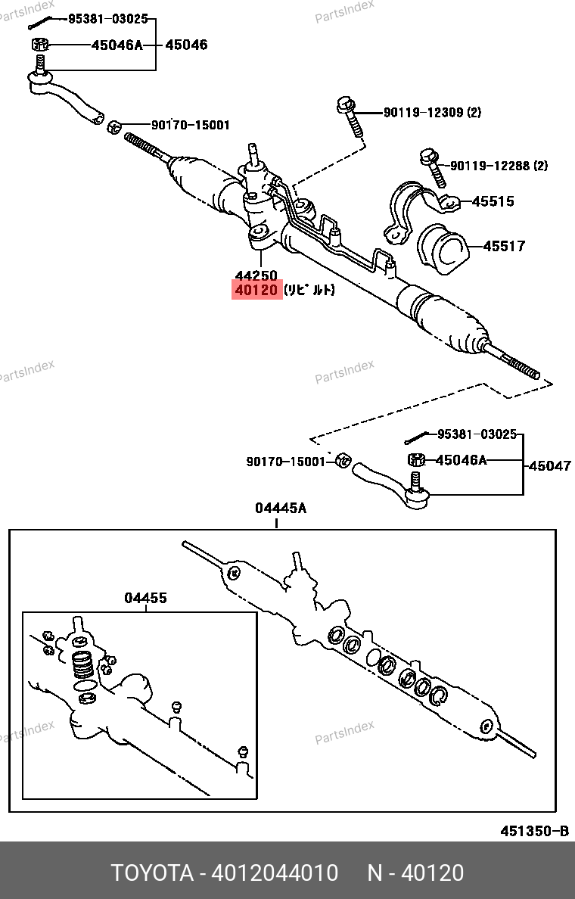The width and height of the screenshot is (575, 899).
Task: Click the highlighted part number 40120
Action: (256, 290)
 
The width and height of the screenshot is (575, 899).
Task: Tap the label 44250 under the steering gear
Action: (256, 275)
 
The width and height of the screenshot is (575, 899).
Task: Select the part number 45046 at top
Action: (186, 45)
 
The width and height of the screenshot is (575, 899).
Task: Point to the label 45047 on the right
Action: (549, 466)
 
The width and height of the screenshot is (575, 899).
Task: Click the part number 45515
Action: (493, 201)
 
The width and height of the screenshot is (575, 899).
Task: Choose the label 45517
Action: (504, 246)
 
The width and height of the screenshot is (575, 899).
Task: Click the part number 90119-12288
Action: (490, 165)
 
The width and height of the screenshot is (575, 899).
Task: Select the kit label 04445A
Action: (280, 509)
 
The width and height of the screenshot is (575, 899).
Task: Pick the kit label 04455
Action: (145, 599)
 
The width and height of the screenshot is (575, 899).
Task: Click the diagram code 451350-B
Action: (533, 831)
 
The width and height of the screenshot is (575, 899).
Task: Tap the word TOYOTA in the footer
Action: (152, 873)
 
